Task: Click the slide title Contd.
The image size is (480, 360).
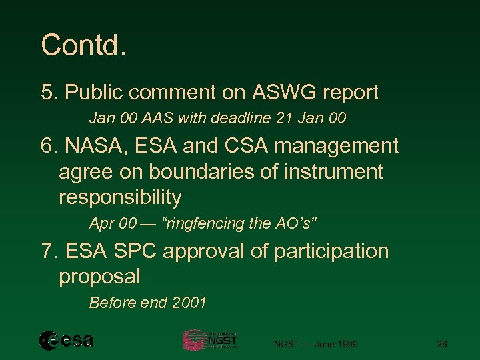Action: pyautogui.click(x=83, y=45)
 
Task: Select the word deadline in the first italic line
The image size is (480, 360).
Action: pyautogui.click(x=234, y=119)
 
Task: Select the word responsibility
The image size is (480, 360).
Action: pyautogui.click(x=120, y=197)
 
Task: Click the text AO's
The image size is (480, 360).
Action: pyautogui.click(x=293, y=224)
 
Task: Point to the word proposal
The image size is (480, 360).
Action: pyautogui.click(x=100, y=276)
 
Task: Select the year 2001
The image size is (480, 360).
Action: pyautogui.click(x=189, y=303)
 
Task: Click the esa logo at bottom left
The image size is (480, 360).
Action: pyautogui.click(x=66, y=341)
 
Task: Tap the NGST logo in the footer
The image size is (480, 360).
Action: pyautogui.click(x=210, y=340)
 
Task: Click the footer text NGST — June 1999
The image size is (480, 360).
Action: pyautogui.click(x=316, y=344)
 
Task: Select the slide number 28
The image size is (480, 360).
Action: pyautogui.click(x=441, y=344)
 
